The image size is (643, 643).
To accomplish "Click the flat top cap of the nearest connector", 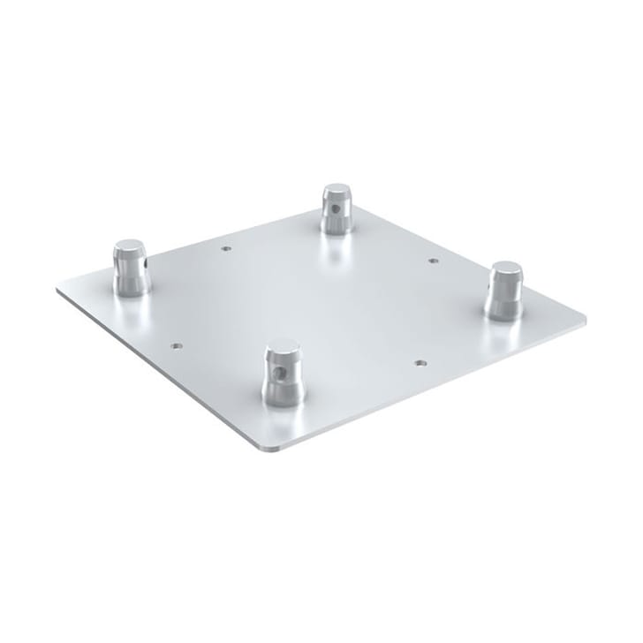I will pos(283,345).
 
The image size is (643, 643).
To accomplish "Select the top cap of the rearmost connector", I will pos(337,190).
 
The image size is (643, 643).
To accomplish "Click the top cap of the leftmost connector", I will pos(130,246).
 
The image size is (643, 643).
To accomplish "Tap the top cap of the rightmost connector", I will pos(506,267).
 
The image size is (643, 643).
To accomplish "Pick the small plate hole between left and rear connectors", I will pos(226,249).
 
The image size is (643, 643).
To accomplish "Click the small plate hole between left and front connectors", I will pos(177,346).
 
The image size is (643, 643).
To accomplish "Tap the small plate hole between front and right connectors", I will pos(420,362).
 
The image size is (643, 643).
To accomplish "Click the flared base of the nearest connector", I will pos(283,397).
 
